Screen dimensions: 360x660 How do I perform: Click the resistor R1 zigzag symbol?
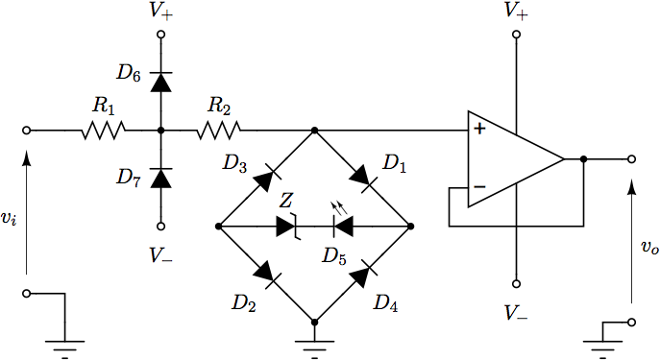(x=104, y=130)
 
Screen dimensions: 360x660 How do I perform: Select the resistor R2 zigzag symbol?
(x=219, y=130)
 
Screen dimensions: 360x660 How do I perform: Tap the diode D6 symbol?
(x=160, y=82)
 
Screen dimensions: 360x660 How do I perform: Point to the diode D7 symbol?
(x=160, y=178)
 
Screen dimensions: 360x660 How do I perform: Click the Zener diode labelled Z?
(x=288, y=227)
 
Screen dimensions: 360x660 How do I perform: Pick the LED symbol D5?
(x=341, y=227)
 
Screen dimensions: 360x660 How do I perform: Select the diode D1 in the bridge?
(x=362, y=178)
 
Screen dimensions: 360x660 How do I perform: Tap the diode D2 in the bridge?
(x=267, y=276)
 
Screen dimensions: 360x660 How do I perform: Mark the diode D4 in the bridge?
(x=362, y=276)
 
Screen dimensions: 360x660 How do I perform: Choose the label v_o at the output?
(x=649, y=248)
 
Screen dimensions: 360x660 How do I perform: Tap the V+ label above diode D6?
(x=160, y=12)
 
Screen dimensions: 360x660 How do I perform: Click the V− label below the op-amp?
(x=516, y=313)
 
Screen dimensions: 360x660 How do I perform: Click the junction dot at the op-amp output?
(x=583, y=159)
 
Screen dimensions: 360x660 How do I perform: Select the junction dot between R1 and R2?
(x=160, y=130)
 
